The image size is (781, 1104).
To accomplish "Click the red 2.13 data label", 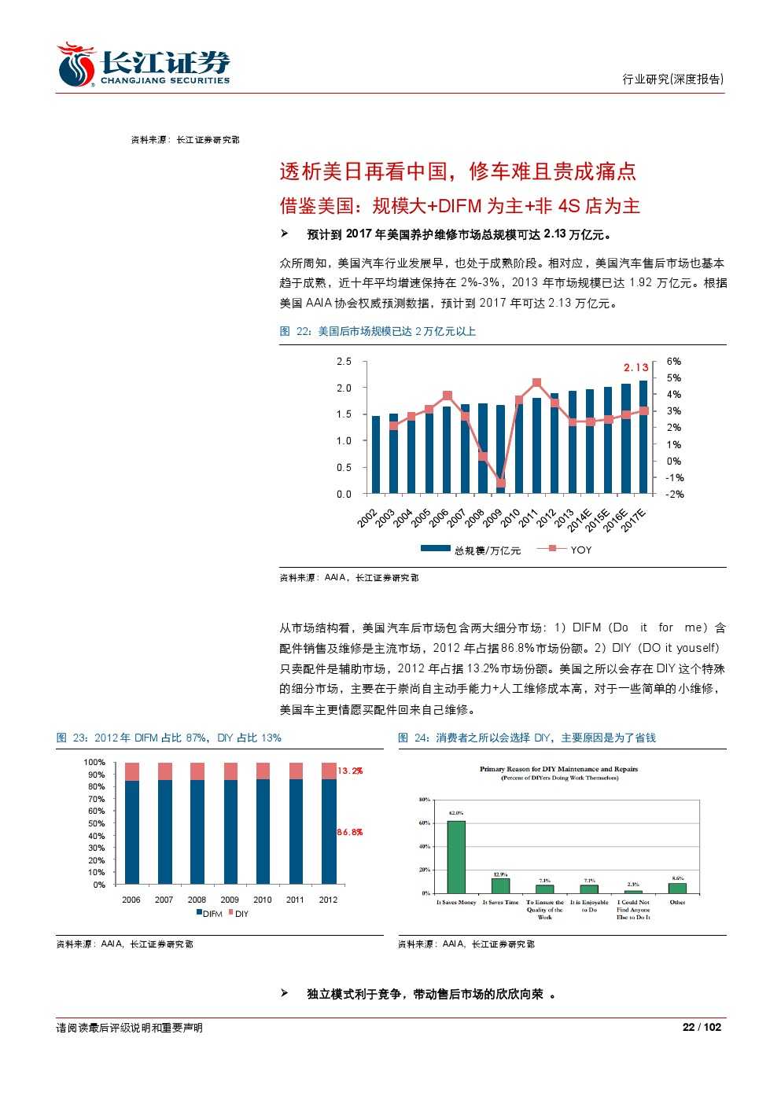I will (x=636, y=367).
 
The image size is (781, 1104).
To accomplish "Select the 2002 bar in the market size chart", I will (x=375, y=454).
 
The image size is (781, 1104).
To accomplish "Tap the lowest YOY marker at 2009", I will (x=500, y=484).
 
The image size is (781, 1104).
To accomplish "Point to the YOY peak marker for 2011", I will (x=536, y=383).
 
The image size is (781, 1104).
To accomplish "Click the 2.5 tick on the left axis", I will (x=344, y=362).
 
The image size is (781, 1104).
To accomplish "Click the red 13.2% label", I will (x=350, y=771).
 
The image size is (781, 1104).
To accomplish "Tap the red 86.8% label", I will (x=350, y=832).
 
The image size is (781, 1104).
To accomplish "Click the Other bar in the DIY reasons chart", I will (x=677, y=888).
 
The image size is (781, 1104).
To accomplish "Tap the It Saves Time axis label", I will (x=500, y=903).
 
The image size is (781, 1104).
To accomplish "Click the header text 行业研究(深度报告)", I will (x=672, y=79).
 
